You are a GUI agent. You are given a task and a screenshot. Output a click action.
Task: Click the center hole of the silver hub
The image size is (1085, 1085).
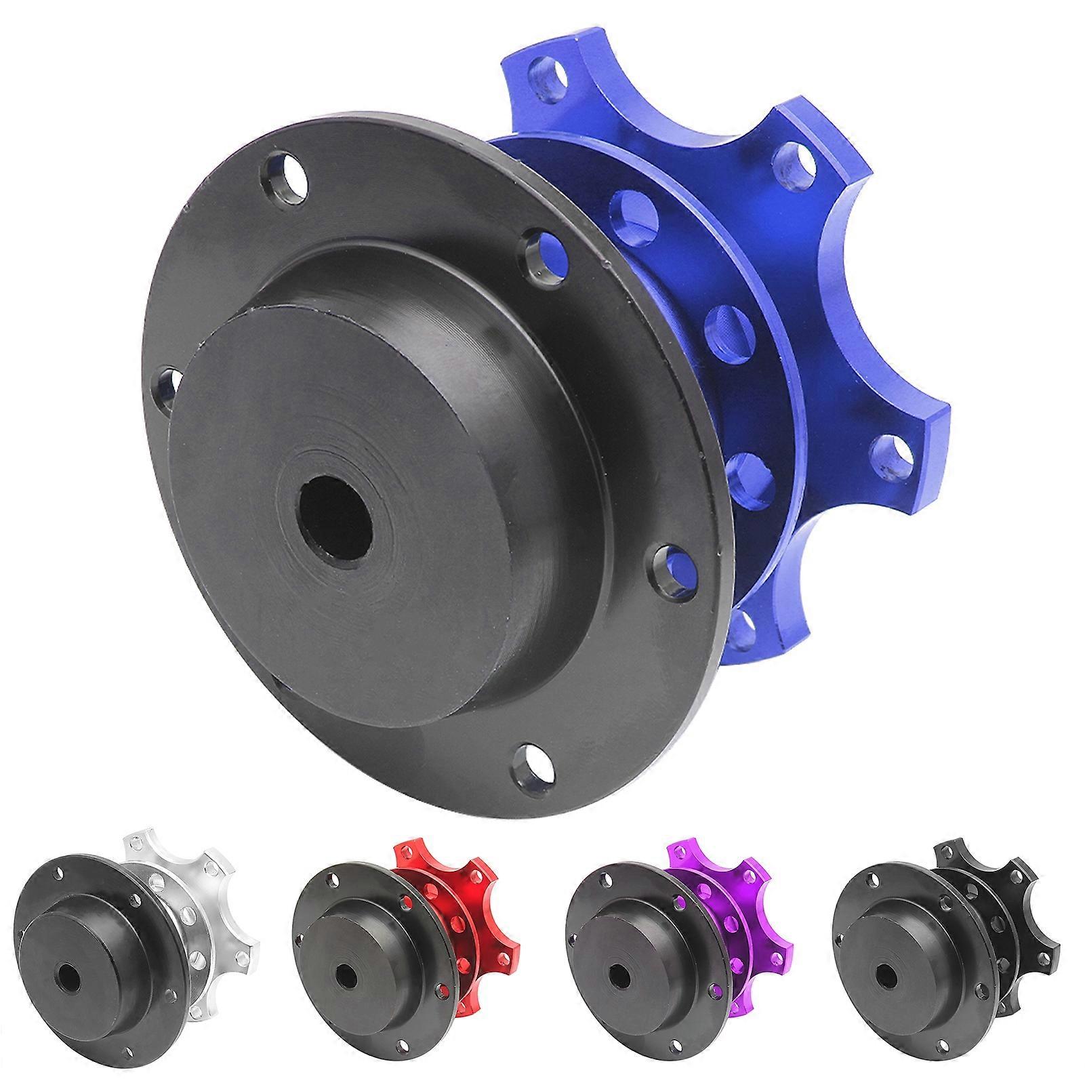tap(68, 976)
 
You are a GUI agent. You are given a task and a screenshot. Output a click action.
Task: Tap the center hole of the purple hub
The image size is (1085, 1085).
tap(619, 976)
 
